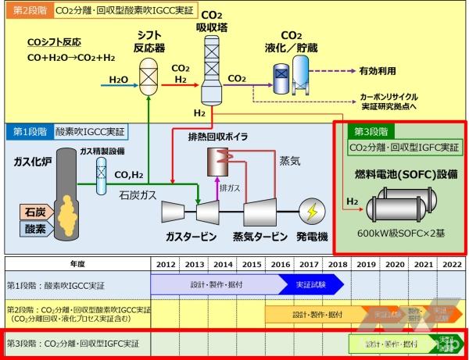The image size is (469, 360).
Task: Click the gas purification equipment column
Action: tap(101, 176)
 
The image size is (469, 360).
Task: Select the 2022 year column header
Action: tap(452, 264)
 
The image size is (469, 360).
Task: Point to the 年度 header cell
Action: tap(77, 264)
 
